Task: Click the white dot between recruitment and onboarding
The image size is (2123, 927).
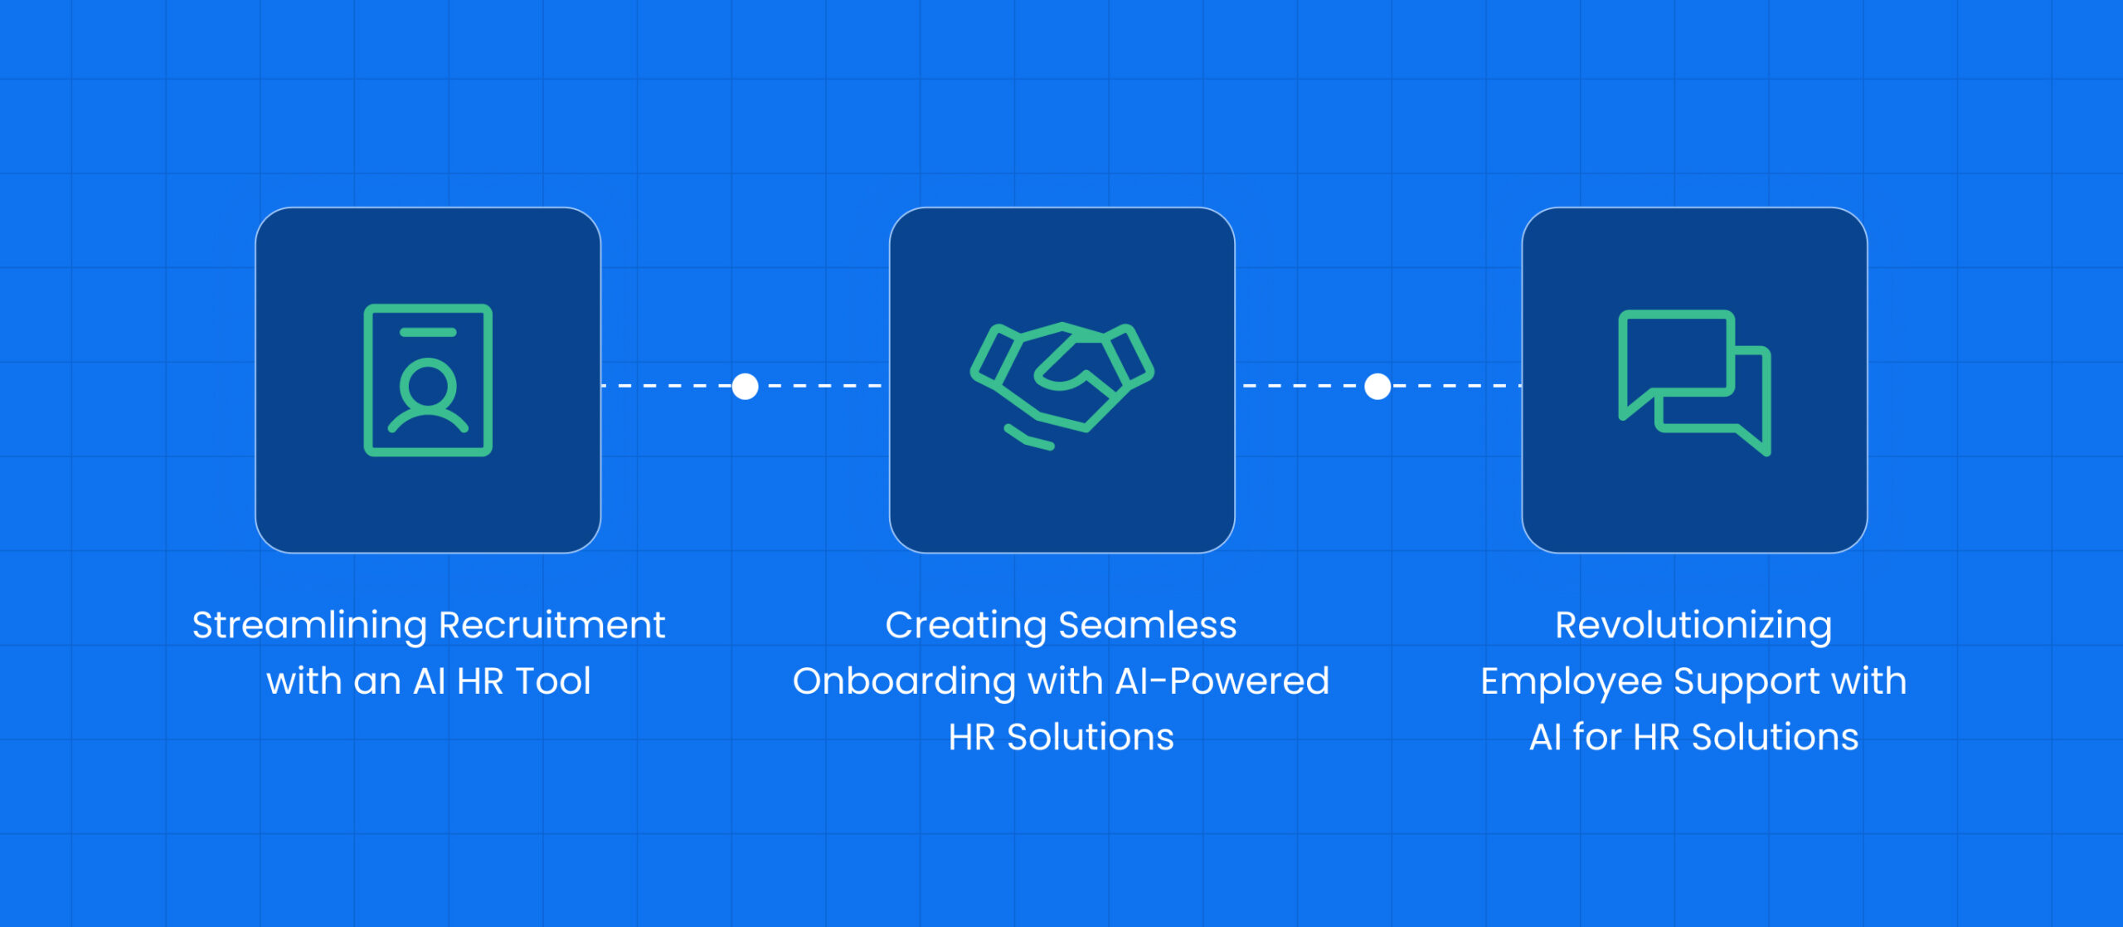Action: click(746, 387)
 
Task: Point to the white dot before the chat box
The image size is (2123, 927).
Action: click(1377, 387)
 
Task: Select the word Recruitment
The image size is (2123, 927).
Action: click(551, 625)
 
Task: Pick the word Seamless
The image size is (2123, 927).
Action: click(1148, 625)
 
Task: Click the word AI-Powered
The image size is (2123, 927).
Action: click(1222, 681)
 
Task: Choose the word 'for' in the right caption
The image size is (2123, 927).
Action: click(1596, 737)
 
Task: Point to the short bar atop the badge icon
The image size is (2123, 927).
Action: click(428, 333)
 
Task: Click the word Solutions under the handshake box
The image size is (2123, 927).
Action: click(1091, 737)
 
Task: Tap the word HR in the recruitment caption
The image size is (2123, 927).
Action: click(480, 681)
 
